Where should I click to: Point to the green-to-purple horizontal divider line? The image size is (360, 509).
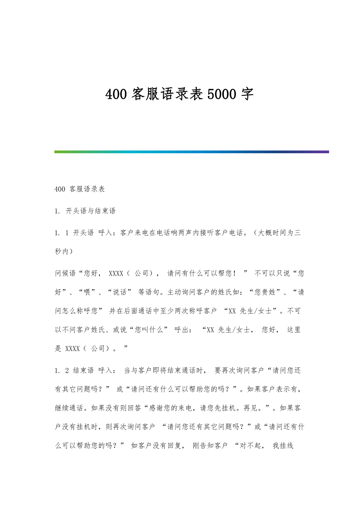pyautogui.click(x=192, y=152)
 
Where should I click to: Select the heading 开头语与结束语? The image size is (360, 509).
pyautogui.click(x=91, y=211)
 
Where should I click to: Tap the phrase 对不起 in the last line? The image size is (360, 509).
pyautogui.click(x=251, y=446)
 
